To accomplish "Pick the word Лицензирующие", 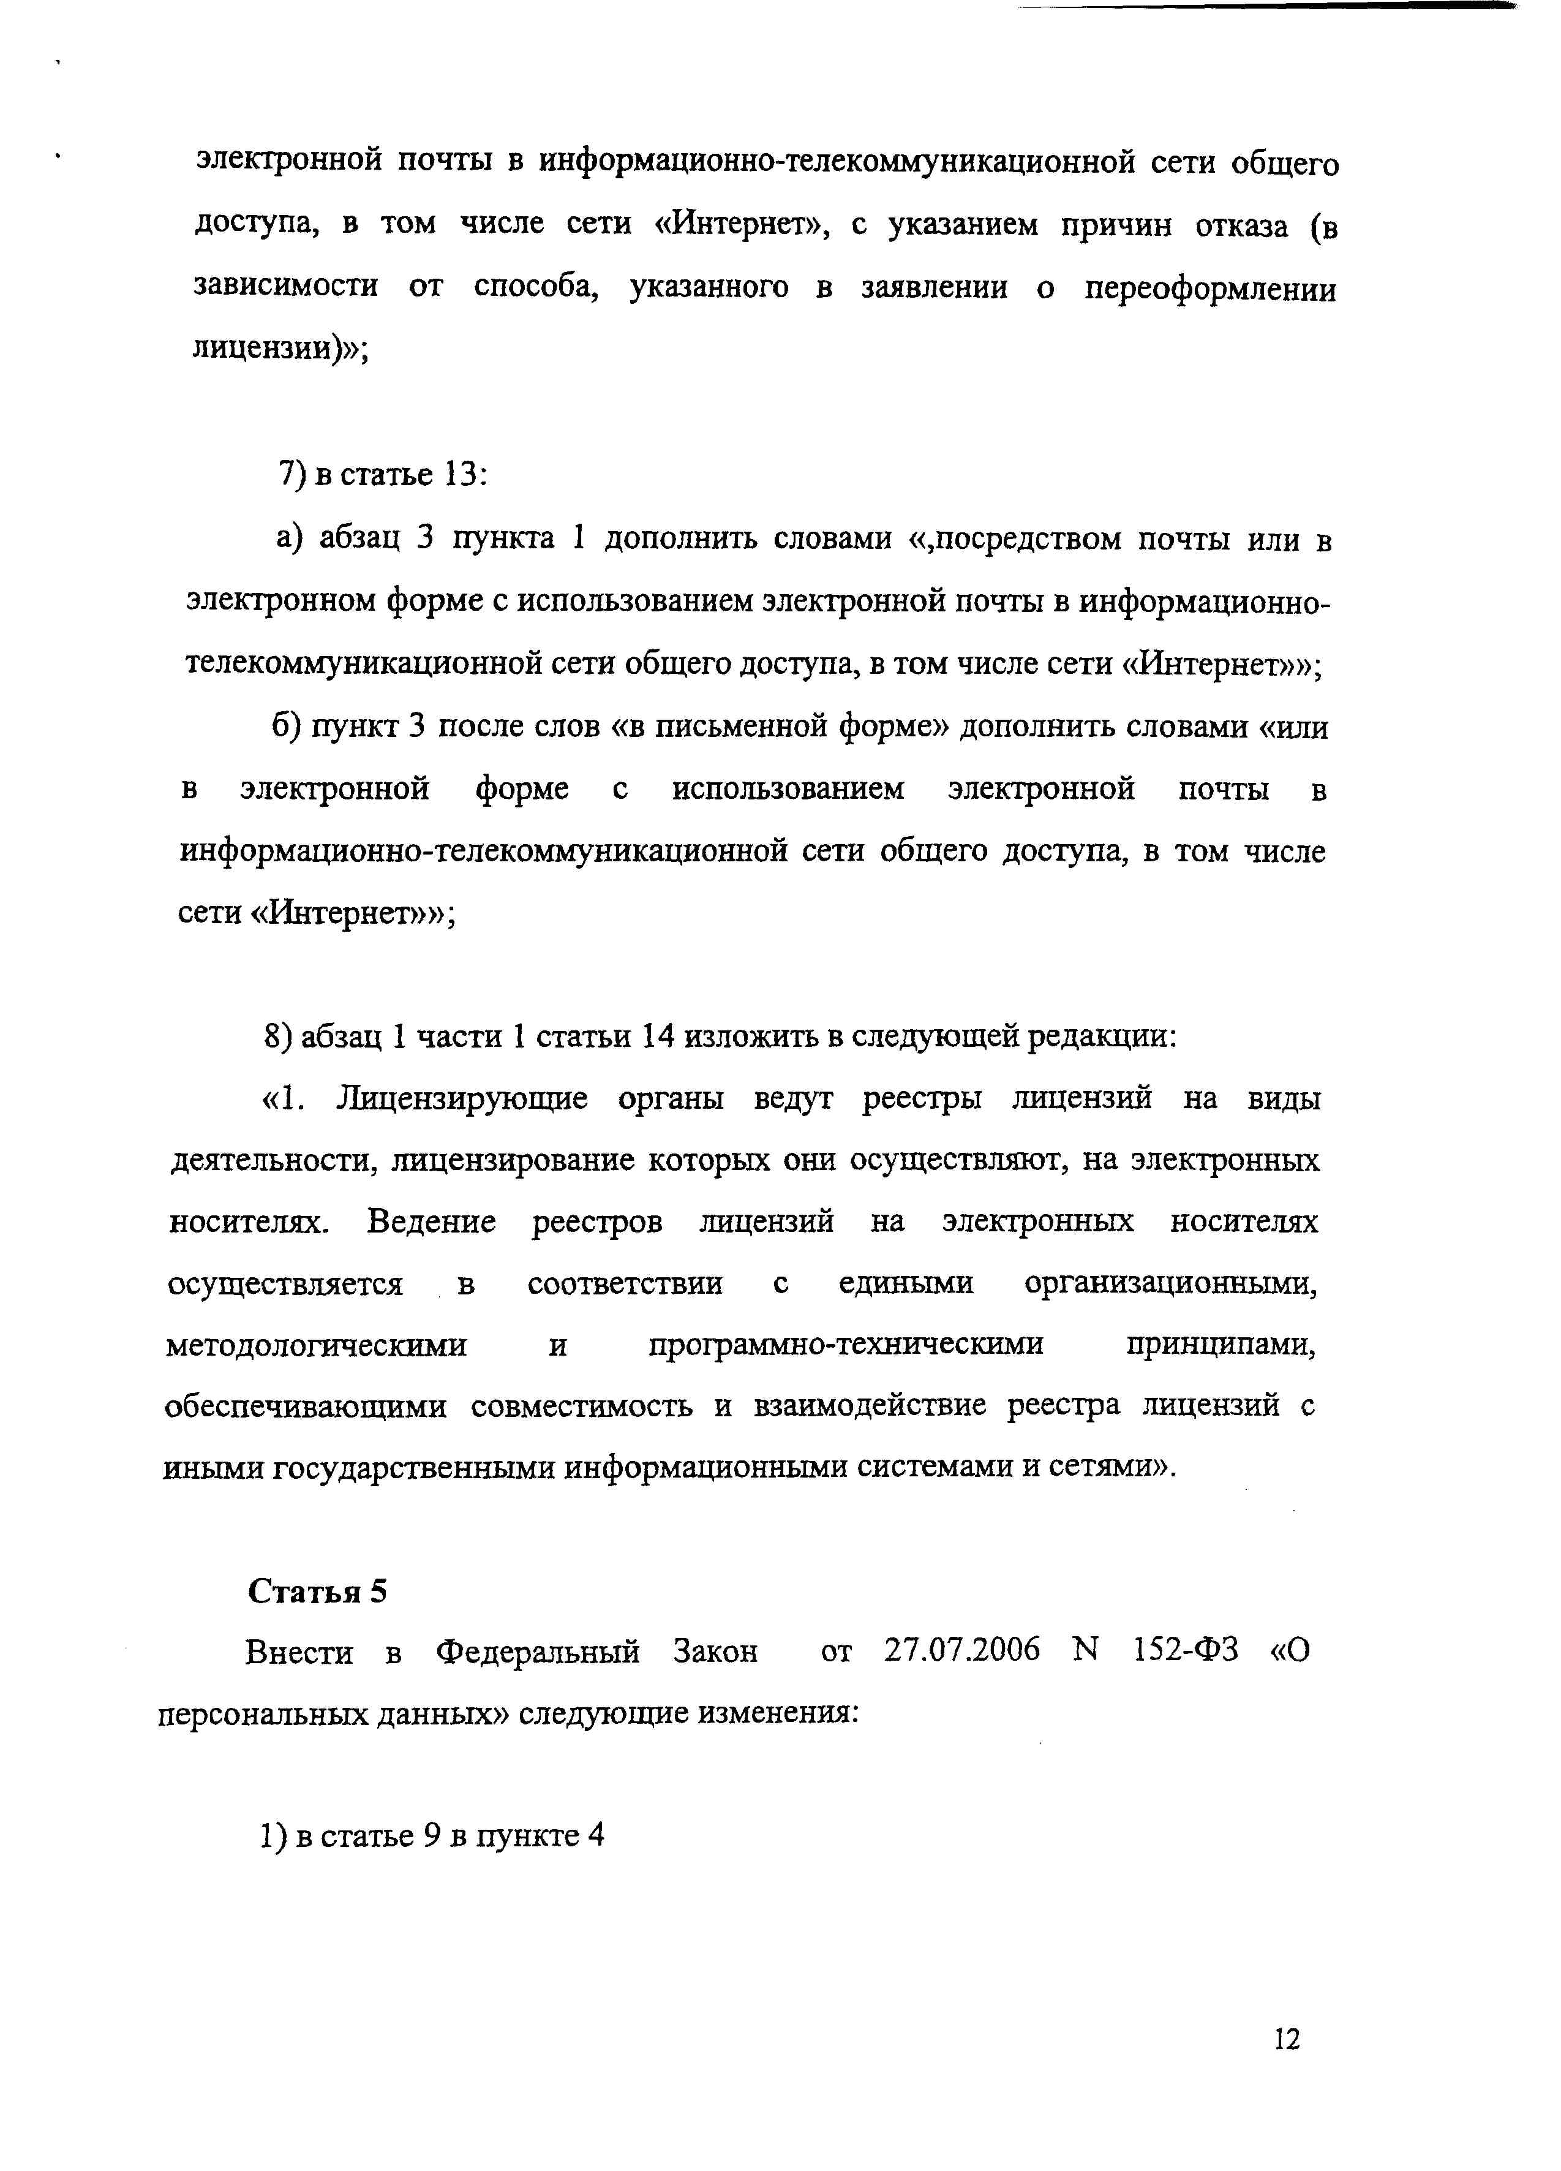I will click(x=461, y=1099).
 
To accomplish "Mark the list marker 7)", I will click(x=291, y=475).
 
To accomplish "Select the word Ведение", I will click(x=431, y=1222).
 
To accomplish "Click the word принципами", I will click(x=1221, y=1345).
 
